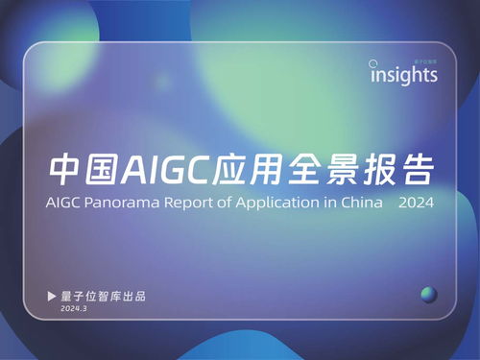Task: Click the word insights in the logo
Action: pyautogui.click(x=404, y=75)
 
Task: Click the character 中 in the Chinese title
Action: pyautogui.click(x=67, y=171)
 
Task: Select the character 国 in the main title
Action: pyautogui.click(x=104, y=171)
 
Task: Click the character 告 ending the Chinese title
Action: pyautogui.click(x=420, y=171)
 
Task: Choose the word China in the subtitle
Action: pyautogui.click(x=363, y=204)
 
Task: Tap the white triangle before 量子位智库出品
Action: pyautogui.click(x=53, y=295)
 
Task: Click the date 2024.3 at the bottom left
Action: pyautogui.click(x=73, y=309)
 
